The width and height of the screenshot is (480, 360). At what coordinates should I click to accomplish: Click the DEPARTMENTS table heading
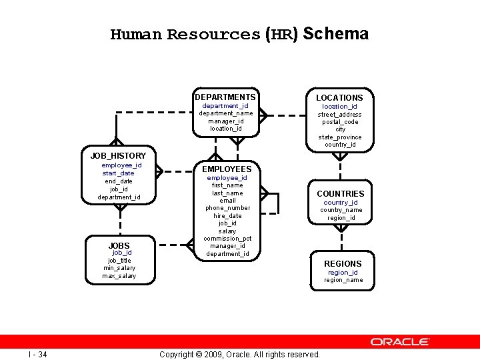click(x=225, y=97)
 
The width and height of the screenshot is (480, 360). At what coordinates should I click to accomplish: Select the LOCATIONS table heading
click(x=339, y=98)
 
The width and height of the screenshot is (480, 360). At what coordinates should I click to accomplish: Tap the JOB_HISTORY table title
click(x=118, y=156)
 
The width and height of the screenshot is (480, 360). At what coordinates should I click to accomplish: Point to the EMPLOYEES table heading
click(x=227, y=169)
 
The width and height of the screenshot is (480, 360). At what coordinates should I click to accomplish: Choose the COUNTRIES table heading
click(x=340, y=194)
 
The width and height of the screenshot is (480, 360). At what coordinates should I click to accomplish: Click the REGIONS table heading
click(x=343, y=264)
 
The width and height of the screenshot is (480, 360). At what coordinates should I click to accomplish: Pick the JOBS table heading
click(x=119, y=246)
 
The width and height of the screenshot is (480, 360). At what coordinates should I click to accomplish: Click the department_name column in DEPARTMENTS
click(x=226, y=113)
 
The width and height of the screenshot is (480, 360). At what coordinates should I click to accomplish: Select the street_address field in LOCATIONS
click(x=339, y=115)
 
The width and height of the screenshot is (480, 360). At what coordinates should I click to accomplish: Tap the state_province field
click(x=340, y=137)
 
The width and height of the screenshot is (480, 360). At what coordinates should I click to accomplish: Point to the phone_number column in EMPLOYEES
click(x=228, y=208)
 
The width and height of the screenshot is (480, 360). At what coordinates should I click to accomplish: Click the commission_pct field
click(x=227, y=239)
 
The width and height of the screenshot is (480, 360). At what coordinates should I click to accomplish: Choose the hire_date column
click(x=228, y=216)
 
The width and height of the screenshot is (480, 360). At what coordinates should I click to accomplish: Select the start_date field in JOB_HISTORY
click(x=118, y=173)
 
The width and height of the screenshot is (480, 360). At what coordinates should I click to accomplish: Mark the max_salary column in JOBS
click(x=119, y=276)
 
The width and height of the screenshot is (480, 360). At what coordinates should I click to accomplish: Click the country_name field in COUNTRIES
click(x=341, y=210)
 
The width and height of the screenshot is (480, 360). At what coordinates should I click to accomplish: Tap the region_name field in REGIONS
click(x=343, y=280)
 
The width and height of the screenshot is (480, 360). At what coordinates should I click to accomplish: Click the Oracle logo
click(x=400, y=342)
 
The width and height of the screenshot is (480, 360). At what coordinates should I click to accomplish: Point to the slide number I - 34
click(x=37, y=354)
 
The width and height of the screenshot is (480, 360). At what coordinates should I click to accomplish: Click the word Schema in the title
click(x=339, y=34)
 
